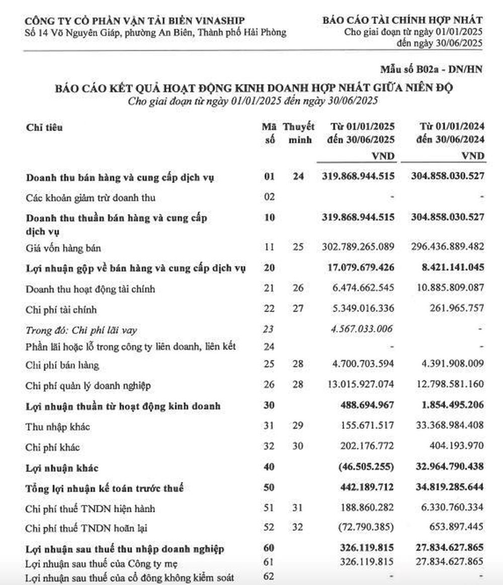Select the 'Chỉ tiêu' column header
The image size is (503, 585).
pyautogui.click(x=44, y=128)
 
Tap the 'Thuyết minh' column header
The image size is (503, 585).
pyautogui.click(x=298, y=133)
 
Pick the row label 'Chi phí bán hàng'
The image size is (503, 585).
pyautogui.click(x=63, y=365)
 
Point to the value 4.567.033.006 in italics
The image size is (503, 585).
pyautogui.click(x=359, y=330)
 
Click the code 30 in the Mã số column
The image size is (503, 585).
pyautogui.click(x=270, y=406)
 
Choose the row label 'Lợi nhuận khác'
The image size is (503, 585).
pyautogui.click(x=62, y=468)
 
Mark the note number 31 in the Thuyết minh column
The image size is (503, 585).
pyautogui.click(x=298, y=509)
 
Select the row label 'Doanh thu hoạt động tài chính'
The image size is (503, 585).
pyautogui.click(x=91, y=289)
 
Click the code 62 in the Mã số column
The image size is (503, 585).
pyautogui.click(x=270, y=577)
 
